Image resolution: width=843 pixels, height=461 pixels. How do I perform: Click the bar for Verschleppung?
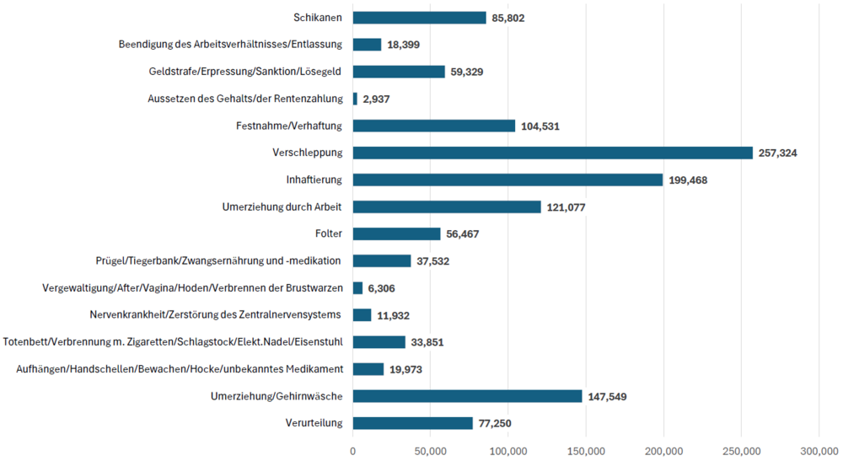[x=552, y=153]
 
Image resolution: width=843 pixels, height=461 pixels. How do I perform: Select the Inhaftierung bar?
[x=507, y=180]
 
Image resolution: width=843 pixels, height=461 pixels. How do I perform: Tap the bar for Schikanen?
[x=419, y=18]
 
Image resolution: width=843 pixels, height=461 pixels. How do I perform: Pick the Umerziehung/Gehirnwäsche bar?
[x=467, y=396]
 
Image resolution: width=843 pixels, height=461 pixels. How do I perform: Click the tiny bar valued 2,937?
[x=355, y=99]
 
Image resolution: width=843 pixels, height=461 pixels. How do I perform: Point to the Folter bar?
[x=396, y=233]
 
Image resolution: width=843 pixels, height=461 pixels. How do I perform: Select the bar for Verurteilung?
[x=412, y=423]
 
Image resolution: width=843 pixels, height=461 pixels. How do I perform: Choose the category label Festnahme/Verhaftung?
[x=289, y=126]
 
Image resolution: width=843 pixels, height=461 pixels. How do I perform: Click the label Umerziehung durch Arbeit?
[x=282, y=206]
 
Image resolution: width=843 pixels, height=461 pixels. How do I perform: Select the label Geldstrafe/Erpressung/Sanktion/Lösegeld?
[x=245, y=72]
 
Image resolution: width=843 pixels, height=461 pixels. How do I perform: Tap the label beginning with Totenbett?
[x=173, y=342]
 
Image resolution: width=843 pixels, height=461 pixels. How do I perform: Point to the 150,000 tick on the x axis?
[x=586, y=451]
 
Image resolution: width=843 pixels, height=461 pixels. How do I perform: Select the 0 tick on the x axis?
[x=353, y=451]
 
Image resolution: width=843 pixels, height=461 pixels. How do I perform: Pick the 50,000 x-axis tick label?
[x=431, y=451]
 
